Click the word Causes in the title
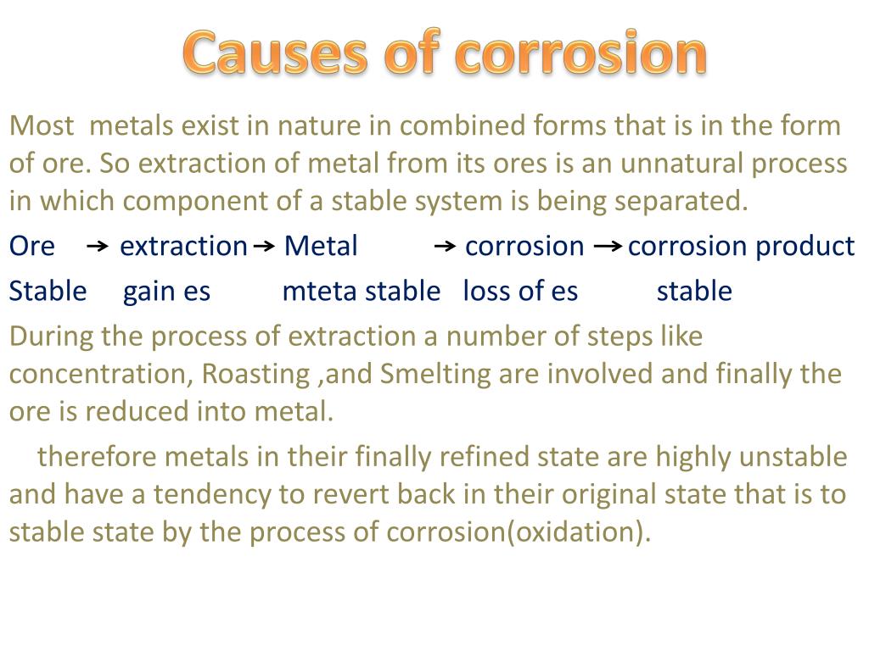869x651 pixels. click(274, 53)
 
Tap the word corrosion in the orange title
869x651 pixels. click(580, 53)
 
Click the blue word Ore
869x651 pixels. click(32, 246)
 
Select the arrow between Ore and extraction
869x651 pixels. click(98, 247)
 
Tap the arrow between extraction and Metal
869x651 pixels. click(265, 247)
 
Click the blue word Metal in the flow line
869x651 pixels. click(321, 246)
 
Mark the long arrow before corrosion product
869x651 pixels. click(606, 247)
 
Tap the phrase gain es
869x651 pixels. click(166, 292)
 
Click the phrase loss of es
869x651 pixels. click(519, 292)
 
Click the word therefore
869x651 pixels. click(98, 457)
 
